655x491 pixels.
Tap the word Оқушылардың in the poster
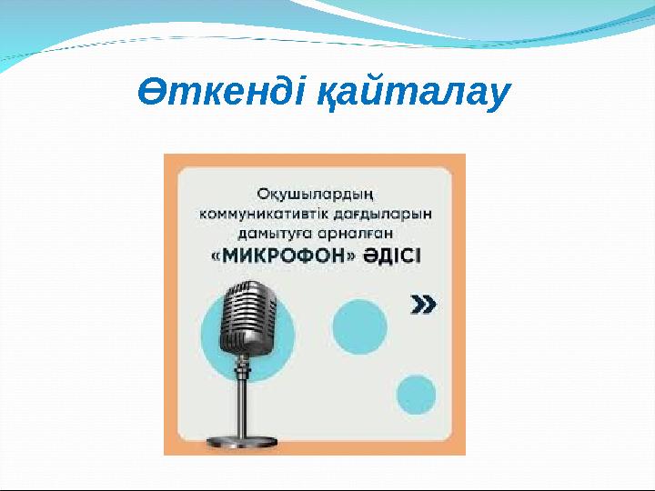pos(316,195)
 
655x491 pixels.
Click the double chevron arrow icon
pos(424,304)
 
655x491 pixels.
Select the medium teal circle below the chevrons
pos(358,326)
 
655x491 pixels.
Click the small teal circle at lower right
pos(416,394)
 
